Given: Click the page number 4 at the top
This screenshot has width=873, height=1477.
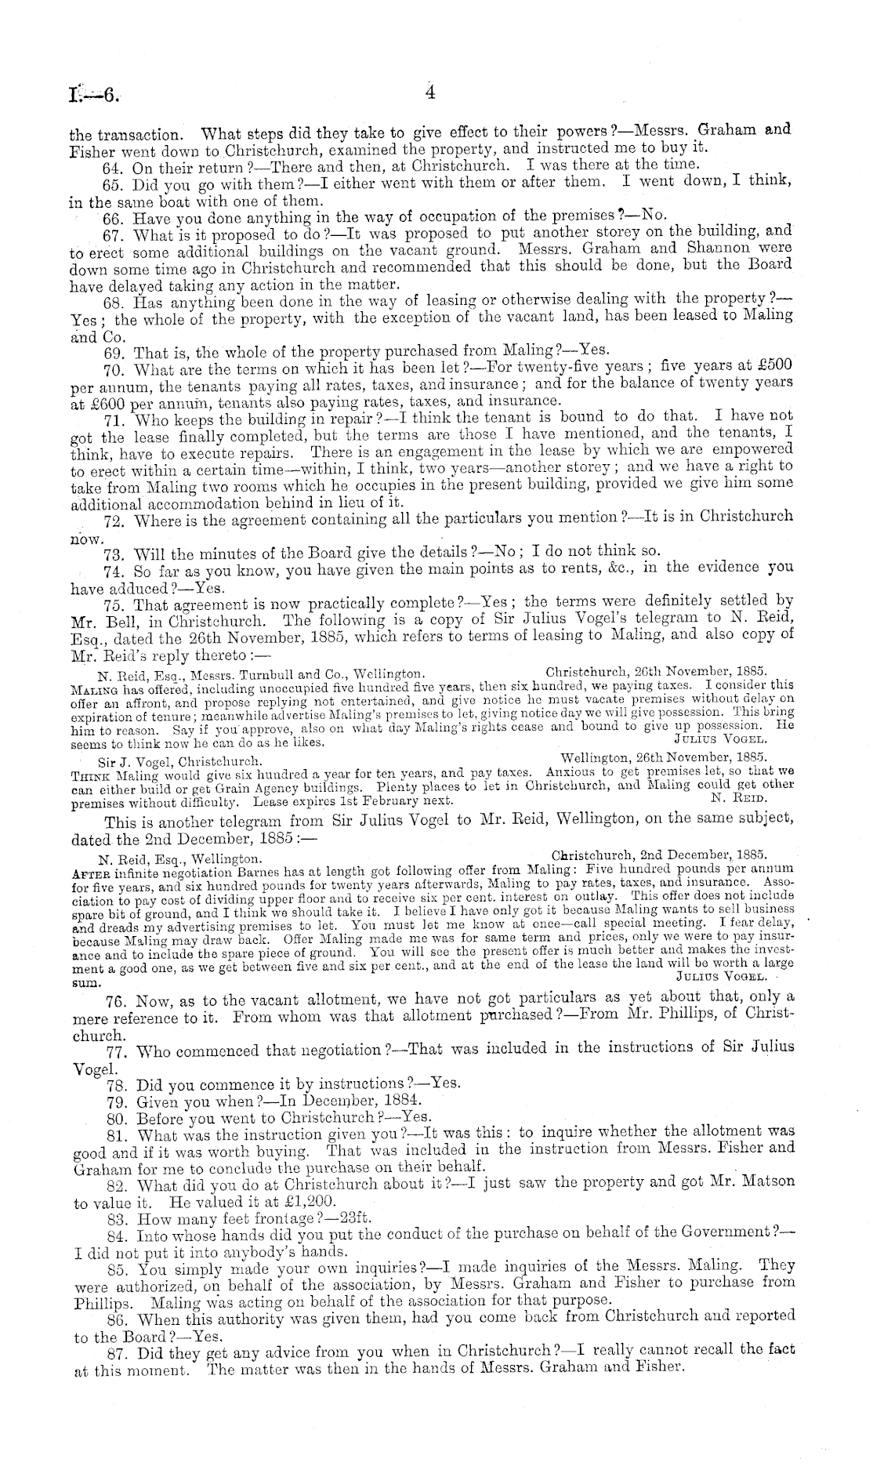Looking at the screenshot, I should click(430, 93).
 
